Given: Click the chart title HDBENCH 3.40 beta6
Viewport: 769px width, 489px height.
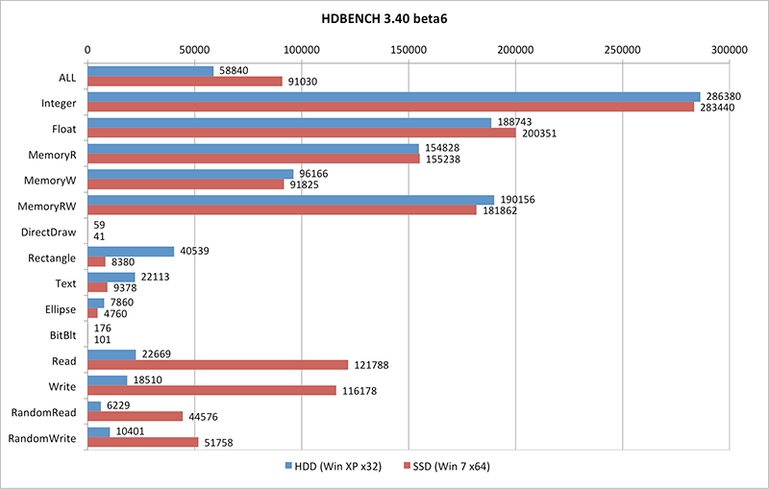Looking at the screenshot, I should [x=384, y=19].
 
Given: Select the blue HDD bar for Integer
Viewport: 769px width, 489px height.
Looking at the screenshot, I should [x=393, y=97].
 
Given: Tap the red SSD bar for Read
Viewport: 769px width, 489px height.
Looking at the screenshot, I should [x=217, y=365].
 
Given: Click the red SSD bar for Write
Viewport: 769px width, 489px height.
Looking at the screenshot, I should [x=211, y=391].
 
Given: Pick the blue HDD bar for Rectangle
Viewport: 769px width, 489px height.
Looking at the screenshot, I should [x=131, y=252].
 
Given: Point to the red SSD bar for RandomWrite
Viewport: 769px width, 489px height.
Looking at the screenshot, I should [x=142, y=443].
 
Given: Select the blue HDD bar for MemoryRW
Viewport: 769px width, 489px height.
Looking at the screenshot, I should [x=290, y=200].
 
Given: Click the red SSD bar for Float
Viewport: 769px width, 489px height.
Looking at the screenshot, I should [x=301, y=133].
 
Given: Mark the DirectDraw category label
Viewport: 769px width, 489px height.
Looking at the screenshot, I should [x=54, y=232].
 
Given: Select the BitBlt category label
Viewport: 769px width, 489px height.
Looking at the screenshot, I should [x=63, y=335].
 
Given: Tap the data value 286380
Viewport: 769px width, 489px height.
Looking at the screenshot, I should [x=724, y=97].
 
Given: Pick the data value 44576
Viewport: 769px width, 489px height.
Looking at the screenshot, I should [x=205, y=417].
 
